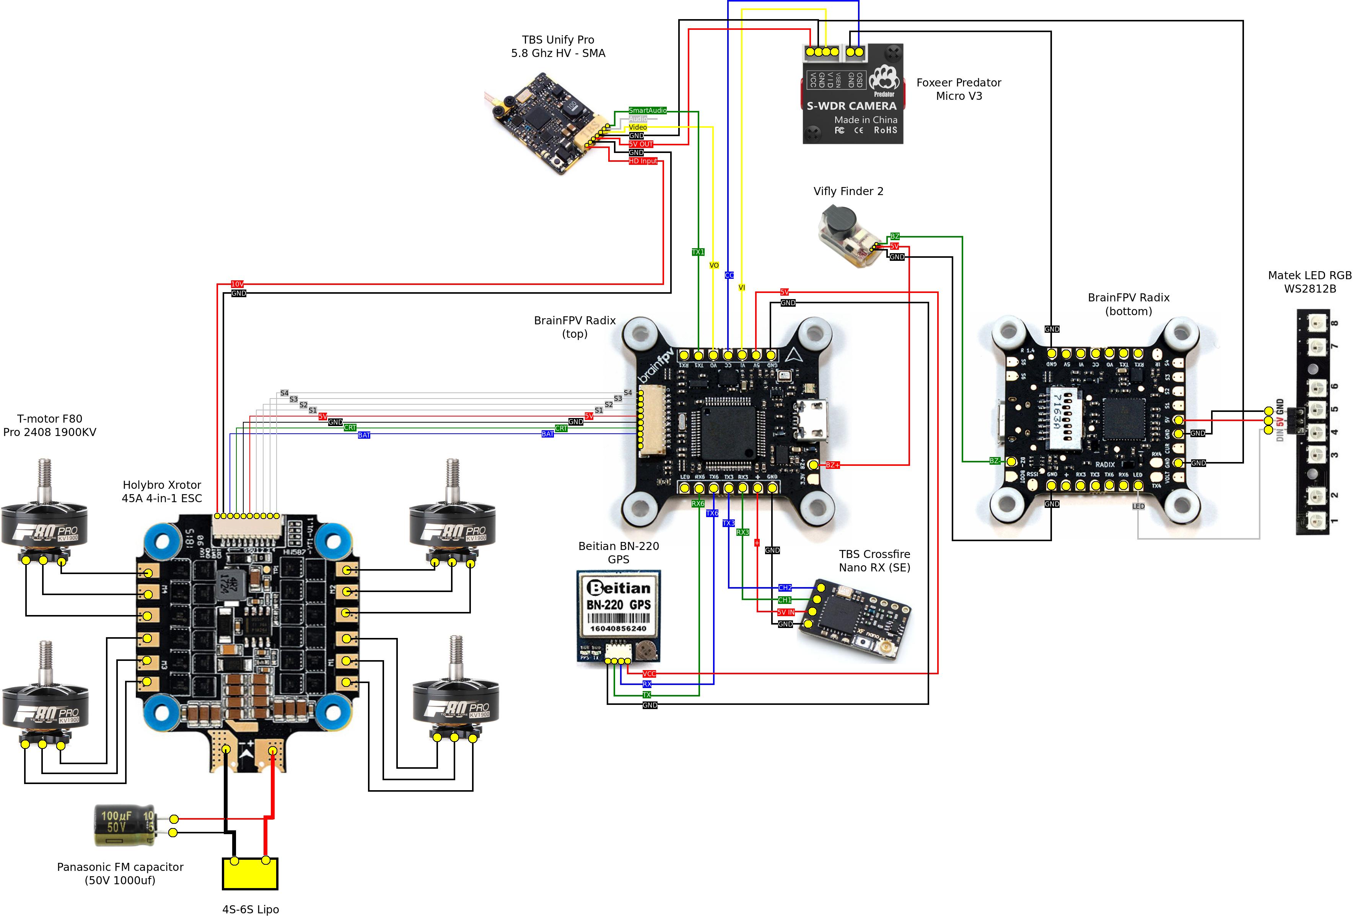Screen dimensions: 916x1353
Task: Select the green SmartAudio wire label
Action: click(647, 111)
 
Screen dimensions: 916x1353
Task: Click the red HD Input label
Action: click(643, 161)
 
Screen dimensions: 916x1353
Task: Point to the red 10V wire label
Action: click(238, 284)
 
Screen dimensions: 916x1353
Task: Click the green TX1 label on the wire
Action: click(698, 252)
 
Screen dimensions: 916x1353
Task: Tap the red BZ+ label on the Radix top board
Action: click(832, 465)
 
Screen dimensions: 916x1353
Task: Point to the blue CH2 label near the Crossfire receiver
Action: click(785, 588)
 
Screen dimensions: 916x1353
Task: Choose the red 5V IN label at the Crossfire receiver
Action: click(785, 612)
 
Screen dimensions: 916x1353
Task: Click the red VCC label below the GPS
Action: click(649, 674)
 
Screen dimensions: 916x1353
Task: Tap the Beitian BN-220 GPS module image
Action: click(618, 616)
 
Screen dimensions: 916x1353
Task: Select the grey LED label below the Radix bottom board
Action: click(1138, 506)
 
